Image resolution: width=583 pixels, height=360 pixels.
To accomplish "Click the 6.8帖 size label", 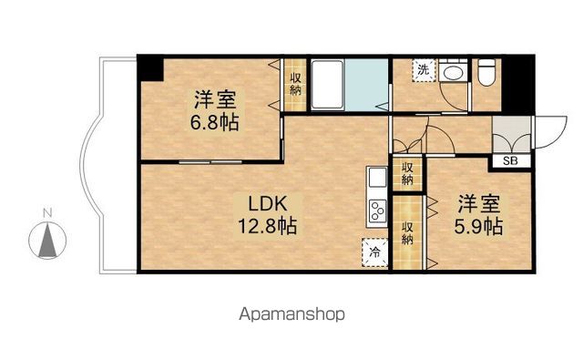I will pos(215,121).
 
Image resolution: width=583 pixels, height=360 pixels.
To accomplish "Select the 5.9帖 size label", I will pos(479,224).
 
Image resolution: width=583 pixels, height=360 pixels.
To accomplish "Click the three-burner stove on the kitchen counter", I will pos(376,213).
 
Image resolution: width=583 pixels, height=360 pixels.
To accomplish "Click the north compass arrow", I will pos(49,241).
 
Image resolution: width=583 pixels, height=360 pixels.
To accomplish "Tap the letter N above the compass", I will pos(49,215).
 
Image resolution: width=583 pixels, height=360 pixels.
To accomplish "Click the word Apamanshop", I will pos(291,314).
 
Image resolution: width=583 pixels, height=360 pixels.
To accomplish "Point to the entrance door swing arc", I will pos(544,132).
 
